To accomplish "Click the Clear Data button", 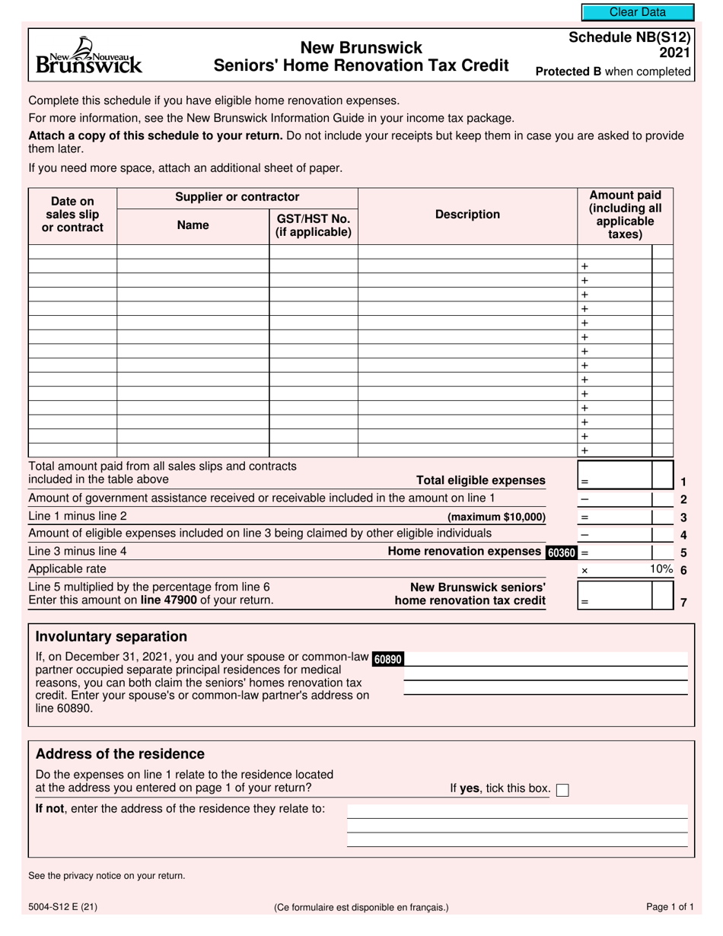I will [x=637, y=12].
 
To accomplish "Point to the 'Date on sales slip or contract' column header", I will [x=72, y=215].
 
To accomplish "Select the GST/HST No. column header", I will [x=313, y=225].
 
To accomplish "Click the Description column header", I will [x=467, y=215].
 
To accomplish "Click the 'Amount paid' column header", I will [x=625, y=215].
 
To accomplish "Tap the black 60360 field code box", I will [x=562, y=553].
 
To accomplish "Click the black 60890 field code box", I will [x=387, y=659].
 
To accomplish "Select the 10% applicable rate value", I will [x=661, y=569].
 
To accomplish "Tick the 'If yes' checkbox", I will [x=562, y=790].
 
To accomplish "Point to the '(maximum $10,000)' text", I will [x=496, y=517].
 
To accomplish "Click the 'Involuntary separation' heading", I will [x=111, y=637].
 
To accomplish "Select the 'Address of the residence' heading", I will [x=120, y=754].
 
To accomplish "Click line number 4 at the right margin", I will [x=683, y=536].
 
